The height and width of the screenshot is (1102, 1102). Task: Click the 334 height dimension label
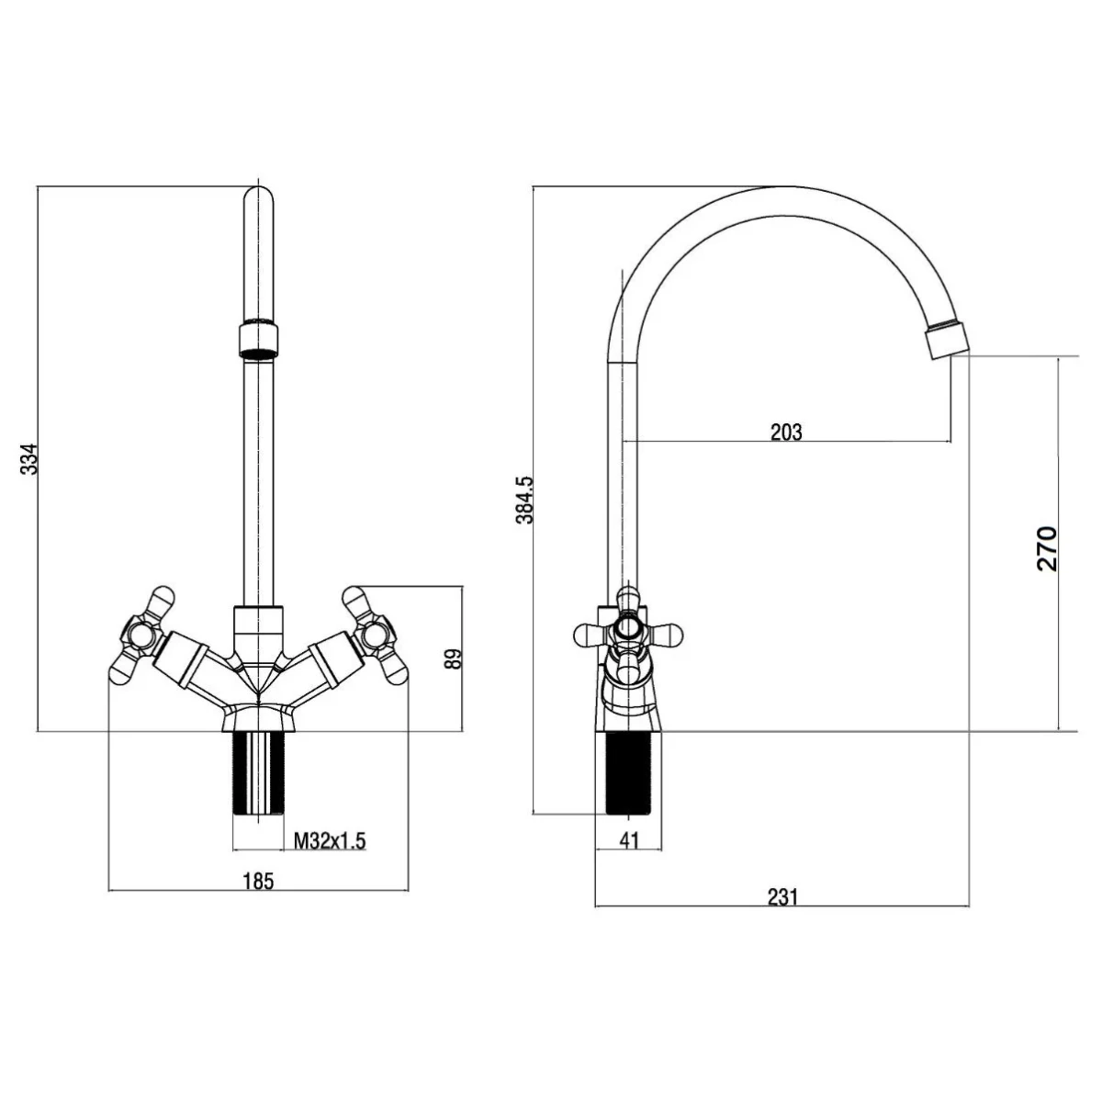coord(28,457)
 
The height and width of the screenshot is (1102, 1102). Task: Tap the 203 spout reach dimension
coord(786,432)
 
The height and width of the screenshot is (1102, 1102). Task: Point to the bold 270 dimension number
coord(1047,548)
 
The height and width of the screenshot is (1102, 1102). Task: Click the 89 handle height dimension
coord(453,658)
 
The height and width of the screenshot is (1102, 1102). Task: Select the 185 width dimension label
coord(258,881)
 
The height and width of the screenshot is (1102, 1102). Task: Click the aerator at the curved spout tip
coord(947,341)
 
